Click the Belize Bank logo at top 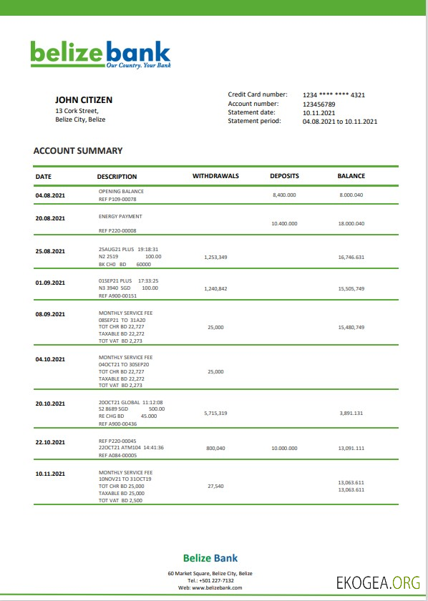pyautogui.click(x=100, y=54)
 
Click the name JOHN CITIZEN pyautogui.click(x=84, y=100)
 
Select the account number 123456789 pyautogui.click(x=318, y=104)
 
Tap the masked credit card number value pyautogui.click(x=334, y=95)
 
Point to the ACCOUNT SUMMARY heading pyautogui.click(x=78, y=151)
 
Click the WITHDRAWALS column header pyautogui.click(x=215, y=176)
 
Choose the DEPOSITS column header pyautogui.click(x=284, y=176)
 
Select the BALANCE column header pyautogui.click(x=351, y=176)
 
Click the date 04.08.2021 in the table pyautogui.click(x=50, y=195)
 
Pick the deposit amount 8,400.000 pyautogui.click(x=284, y=195)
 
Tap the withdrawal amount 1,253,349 pyautogui.click(x=215, y=256)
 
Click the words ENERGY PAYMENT pyautogui.click(x=120, y=216)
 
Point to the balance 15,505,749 pyautogui.click(x=351, y=288)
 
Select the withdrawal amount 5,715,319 pyautogui.click(x=215, y=413)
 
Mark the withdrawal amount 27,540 pyautogui.click(x=215, y=486)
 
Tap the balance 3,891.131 pyautogui.click(x=351, y=413)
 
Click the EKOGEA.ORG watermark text pyautogui.click(x=378, y=582)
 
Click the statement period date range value pyautogui.click(x=339, y=122)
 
